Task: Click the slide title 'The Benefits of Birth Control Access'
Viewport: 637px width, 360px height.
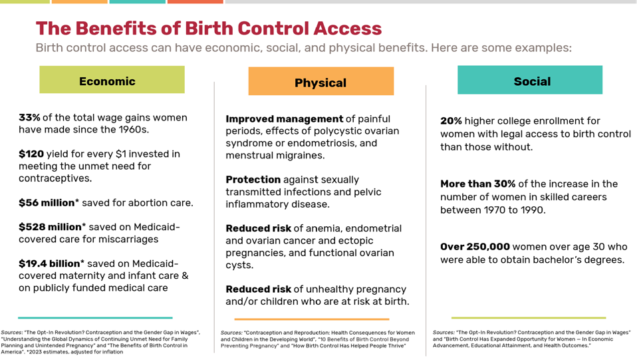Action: [208, 29]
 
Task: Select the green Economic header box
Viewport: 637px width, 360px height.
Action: [112, 81]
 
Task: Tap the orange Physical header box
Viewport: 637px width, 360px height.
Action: [320, 82]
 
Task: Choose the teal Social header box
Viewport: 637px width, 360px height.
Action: [530, 81]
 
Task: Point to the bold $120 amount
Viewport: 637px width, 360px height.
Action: [31, 154]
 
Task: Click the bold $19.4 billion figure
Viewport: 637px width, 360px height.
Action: [53, 264]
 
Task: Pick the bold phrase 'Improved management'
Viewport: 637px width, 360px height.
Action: [285, 118]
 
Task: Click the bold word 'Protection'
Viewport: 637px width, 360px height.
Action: [253, 180]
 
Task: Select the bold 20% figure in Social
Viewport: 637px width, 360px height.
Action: [451, 121]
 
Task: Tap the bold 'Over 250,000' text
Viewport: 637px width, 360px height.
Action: [475, 247]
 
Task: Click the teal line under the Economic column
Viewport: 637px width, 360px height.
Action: [95, 317]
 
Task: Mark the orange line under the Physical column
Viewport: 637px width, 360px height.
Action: [311, 319]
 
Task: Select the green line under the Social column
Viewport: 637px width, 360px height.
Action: [528, 317]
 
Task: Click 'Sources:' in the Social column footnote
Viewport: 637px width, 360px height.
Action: [444, 332]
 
